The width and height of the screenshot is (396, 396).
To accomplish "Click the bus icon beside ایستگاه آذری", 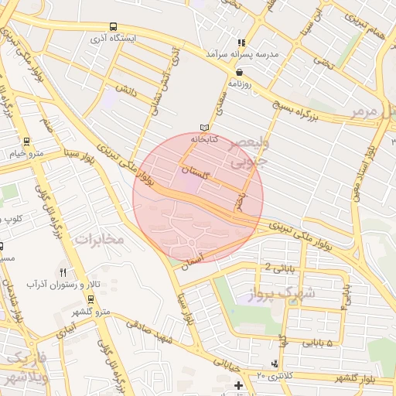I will click(114, 26).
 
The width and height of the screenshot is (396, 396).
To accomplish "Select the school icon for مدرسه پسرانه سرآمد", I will click(241, 43).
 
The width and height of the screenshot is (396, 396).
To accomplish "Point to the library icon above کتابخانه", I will click(204, 127).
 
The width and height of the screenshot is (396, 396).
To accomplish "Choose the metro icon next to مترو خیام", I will click(27, 142).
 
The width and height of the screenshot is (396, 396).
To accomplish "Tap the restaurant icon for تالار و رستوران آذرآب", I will click(63, 272).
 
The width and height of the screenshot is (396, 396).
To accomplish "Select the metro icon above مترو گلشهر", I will click(91, 299).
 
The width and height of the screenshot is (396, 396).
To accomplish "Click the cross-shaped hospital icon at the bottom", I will click(238, 385).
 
